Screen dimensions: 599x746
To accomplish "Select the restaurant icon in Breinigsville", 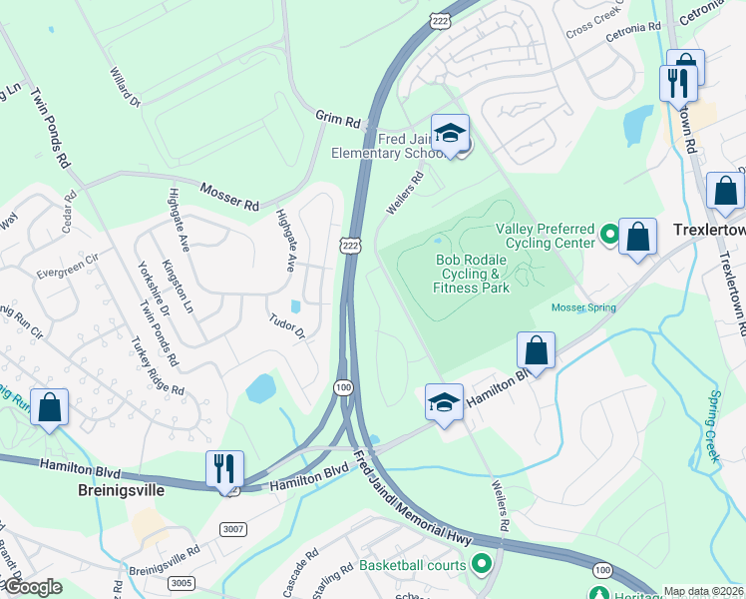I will (224, 468).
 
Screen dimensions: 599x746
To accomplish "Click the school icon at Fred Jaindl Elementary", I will (450, 134).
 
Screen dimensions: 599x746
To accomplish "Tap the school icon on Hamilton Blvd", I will (445, 402).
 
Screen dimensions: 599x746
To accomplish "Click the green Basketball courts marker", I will (483, 566).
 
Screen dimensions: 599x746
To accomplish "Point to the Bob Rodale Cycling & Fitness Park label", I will (472, 274).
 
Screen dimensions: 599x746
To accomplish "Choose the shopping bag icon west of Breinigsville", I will (49, 407).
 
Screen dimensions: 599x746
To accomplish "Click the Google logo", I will (33, 587).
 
